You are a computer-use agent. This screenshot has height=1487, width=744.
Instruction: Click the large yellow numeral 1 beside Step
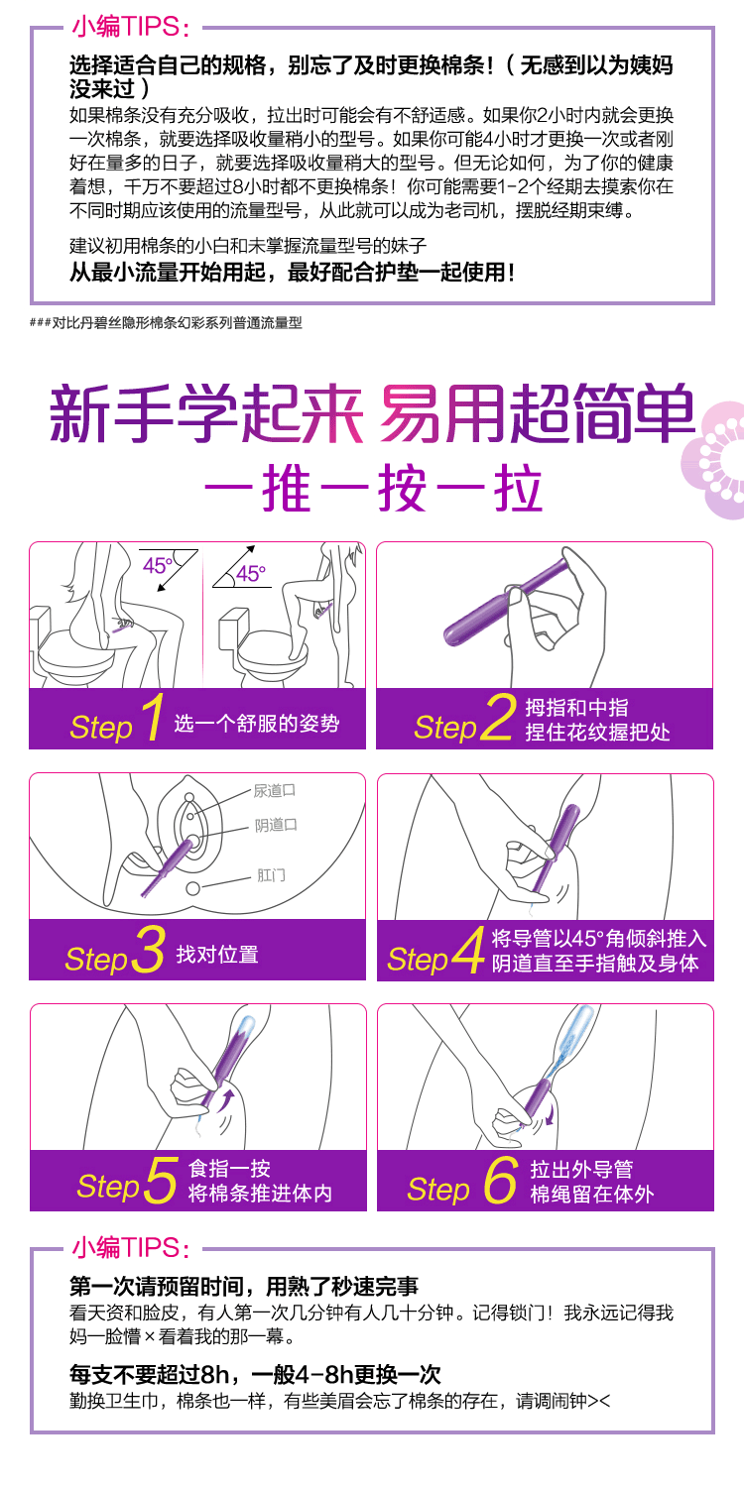(154, 717)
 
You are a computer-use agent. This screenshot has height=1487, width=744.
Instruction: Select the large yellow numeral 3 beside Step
(149, 950)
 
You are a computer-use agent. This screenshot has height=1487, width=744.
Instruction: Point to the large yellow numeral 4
(469, 950)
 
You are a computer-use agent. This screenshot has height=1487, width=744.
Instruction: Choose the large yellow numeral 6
(500, 1180)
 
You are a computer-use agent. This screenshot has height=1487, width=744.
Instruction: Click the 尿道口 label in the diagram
(275, 791)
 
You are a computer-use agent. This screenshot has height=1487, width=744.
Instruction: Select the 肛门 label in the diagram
(271, 875)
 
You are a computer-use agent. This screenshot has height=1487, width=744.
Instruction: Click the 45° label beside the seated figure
(158, 566)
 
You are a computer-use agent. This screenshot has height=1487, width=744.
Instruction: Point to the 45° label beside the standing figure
(250, 574)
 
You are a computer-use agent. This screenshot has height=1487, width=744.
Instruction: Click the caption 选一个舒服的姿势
(256, 724)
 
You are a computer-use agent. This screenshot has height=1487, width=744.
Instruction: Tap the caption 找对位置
(217, 955)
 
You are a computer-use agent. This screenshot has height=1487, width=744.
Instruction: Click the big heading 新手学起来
(206, 413)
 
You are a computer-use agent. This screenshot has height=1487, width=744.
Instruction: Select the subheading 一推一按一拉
(373, 489)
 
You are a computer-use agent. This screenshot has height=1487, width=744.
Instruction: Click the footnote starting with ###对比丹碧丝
(166, 323)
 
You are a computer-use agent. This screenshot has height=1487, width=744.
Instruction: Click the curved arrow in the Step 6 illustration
(551, 1115)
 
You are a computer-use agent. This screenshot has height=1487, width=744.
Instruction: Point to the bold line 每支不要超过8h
(150, 1373)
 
